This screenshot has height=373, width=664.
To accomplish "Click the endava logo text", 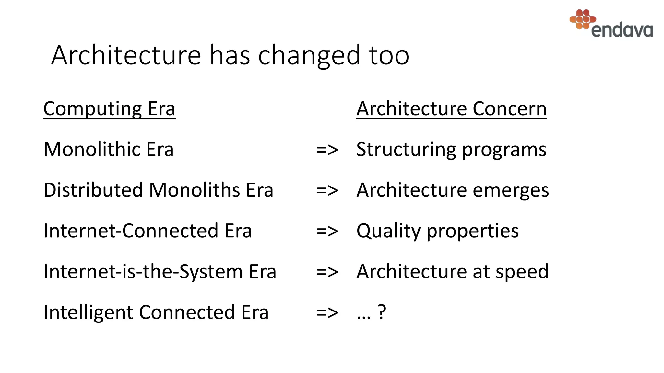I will [622, 30].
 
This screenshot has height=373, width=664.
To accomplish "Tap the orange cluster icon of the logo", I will [583, 19].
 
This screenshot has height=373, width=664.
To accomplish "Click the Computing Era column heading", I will [109, 109].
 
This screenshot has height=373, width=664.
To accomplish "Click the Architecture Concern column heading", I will [451, 109].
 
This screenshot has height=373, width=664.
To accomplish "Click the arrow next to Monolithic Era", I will [327, 150].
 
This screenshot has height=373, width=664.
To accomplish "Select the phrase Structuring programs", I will [451, 150].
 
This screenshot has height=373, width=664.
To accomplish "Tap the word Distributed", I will [93, 190].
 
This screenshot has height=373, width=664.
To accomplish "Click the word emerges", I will [511, 191].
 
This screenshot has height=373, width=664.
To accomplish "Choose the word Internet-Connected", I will [131, 231].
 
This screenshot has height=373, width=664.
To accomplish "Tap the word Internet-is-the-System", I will [143, 272].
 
